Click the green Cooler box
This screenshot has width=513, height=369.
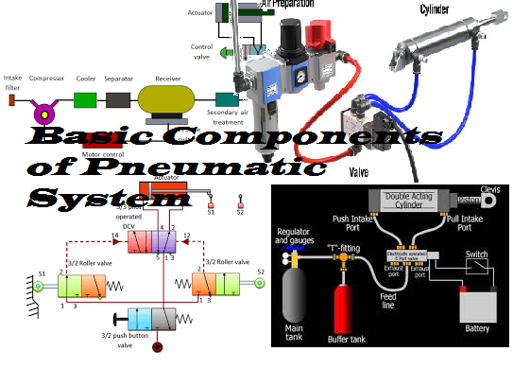[85, 98]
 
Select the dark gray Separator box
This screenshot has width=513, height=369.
[117, 98]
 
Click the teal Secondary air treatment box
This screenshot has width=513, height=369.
[227, 97]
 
